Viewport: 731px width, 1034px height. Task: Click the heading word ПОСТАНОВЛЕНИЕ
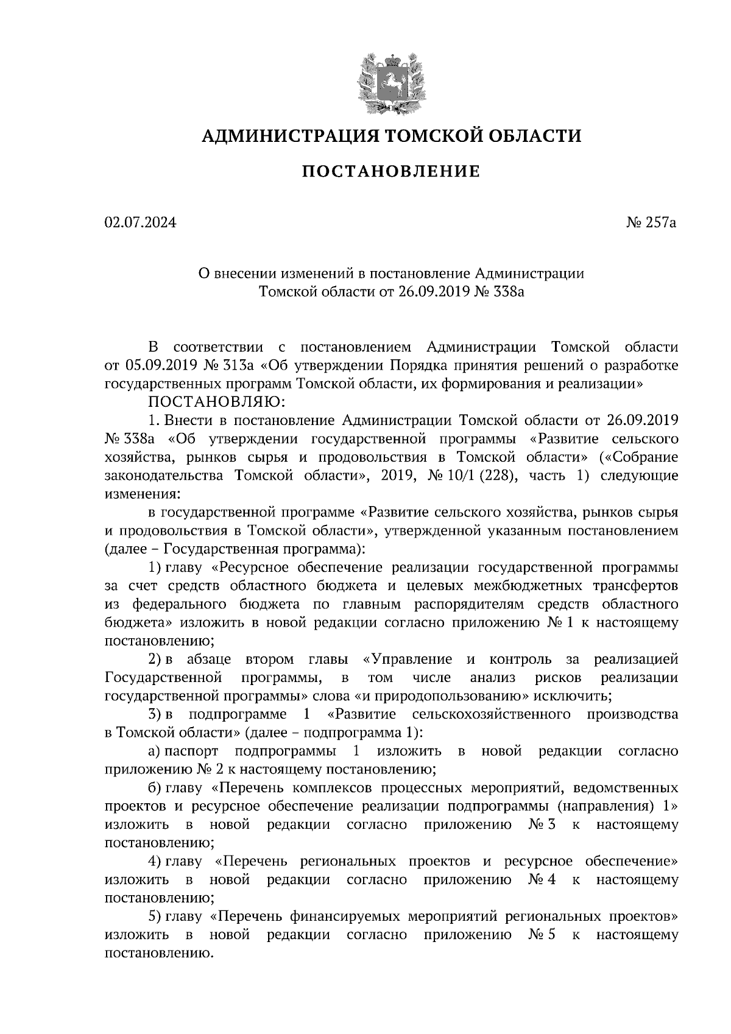coord(391,172)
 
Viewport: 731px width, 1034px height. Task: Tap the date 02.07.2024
coord(140,223)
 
